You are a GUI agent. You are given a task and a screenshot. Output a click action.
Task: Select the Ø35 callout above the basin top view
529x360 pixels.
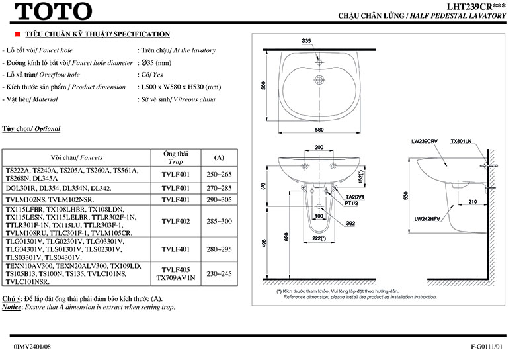coord(305,41)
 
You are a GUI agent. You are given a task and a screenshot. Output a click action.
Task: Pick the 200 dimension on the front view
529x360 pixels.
coord(319,148)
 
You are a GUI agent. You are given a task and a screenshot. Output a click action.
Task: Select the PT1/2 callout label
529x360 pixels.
coord(352,204)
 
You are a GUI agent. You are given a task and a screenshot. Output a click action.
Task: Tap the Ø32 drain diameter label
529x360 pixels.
coord(350,224)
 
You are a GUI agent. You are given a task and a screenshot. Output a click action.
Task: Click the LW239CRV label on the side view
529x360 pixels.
coord(424,142)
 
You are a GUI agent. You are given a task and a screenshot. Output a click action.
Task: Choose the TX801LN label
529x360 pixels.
coord(461,142)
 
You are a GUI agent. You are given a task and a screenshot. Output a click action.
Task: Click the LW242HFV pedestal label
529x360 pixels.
coord(427,218)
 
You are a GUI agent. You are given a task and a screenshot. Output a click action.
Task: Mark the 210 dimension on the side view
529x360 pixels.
coord(472,201)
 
